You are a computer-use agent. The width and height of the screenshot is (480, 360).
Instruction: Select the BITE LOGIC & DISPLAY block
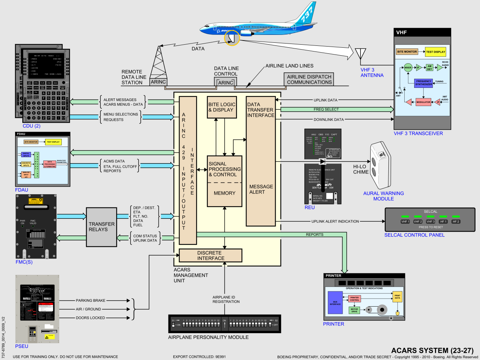click(224, 107)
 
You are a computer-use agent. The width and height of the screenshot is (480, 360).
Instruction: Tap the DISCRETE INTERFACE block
click(210, 256)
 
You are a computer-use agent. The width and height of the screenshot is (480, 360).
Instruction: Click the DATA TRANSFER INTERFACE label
click(260, 110)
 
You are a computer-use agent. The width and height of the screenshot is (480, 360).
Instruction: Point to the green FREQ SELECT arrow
click(335, 109)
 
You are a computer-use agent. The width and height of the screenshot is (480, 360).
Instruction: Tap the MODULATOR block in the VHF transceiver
click(423, 102)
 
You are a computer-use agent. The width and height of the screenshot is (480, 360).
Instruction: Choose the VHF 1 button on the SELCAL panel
click(405, 221)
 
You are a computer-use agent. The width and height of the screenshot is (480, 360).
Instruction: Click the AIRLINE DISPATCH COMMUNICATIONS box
click(309, 79)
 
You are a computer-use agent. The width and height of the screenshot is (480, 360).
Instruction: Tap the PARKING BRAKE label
click(90, 301)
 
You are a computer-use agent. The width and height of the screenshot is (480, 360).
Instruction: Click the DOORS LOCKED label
click(90, 318)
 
